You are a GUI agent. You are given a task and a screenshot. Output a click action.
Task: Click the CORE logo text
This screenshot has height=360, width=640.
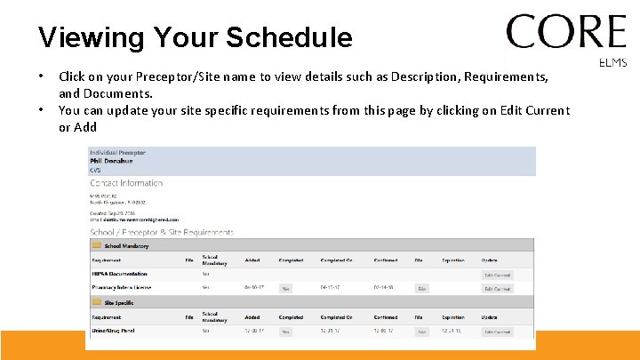[566, 33]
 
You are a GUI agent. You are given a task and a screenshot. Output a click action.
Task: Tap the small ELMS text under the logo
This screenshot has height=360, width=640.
[613, 63]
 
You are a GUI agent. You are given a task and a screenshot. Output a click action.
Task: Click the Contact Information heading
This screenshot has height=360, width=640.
[126, 183]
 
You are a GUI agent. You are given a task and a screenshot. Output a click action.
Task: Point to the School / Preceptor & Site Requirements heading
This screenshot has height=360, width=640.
[162, 232]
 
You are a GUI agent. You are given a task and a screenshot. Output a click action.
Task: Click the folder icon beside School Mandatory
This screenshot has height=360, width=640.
[96, 246]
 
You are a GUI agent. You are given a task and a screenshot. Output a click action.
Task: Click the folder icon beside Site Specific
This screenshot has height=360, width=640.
[96, 302]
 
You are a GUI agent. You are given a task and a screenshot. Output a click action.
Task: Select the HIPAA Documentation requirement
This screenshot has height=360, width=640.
[119, 274]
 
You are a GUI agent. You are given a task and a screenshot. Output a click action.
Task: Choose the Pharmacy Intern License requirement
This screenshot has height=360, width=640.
[122, 288]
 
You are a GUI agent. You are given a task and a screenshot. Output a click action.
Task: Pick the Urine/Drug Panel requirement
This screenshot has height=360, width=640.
[112, 331]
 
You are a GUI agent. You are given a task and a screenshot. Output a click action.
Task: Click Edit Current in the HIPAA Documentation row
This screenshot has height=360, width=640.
[497, 275]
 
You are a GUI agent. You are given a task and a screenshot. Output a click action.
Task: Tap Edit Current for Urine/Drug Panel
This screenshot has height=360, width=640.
[497, 332]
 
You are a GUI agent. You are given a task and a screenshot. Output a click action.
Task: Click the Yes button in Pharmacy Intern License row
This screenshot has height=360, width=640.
[285, 289]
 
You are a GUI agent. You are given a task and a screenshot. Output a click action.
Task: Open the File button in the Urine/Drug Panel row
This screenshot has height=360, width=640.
[421, 332]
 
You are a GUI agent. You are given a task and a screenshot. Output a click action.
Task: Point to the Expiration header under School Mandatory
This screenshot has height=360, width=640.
[452, 260]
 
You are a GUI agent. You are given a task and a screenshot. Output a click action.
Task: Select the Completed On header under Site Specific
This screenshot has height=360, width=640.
[336, 316]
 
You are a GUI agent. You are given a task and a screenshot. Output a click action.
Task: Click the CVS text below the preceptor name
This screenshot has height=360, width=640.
[95, 169]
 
